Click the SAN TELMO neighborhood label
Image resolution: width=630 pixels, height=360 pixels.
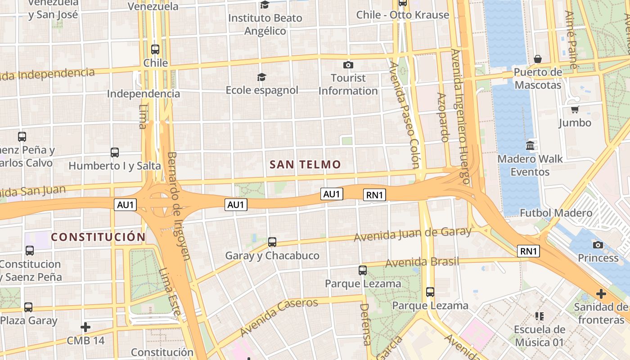tap(305, 165)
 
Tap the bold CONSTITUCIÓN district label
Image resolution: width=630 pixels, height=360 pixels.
tap(98, 237)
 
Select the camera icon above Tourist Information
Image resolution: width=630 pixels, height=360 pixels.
tap(348, 65)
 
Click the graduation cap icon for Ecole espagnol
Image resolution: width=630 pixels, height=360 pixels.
tap(261, 77)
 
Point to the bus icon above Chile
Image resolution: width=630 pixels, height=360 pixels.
tap(155, 49)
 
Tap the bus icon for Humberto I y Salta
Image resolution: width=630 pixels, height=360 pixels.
tap(115, 153)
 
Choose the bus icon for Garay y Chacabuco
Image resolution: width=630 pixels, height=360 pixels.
tap(272, 242)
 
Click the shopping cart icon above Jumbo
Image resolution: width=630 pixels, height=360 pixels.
tap(575, 109)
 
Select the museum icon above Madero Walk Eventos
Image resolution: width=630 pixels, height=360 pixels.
tap(530, 146)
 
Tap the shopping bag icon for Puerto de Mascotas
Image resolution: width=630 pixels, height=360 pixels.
tap(538, 59)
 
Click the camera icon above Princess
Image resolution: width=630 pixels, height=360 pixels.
tap(598, 245)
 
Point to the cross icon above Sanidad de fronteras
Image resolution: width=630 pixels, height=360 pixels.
tap(601, 294)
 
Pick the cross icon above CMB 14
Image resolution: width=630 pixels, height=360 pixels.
tap(85, 327)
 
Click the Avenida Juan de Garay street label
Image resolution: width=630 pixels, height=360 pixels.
tap(412, 234)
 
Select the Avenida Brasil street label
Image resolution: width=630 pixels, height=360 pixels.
tap(422, 262)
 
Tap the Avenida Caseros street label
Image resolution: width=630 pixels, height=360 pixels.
tap(279, 317)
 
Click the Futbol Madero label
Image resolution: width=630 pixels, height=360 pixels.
tap(556, 213)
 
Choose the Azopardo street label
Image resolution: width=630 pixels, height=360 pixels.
tap(443, 117)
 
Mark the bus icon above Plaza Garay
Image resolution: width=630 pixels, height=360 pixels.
tap(28, 307)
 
